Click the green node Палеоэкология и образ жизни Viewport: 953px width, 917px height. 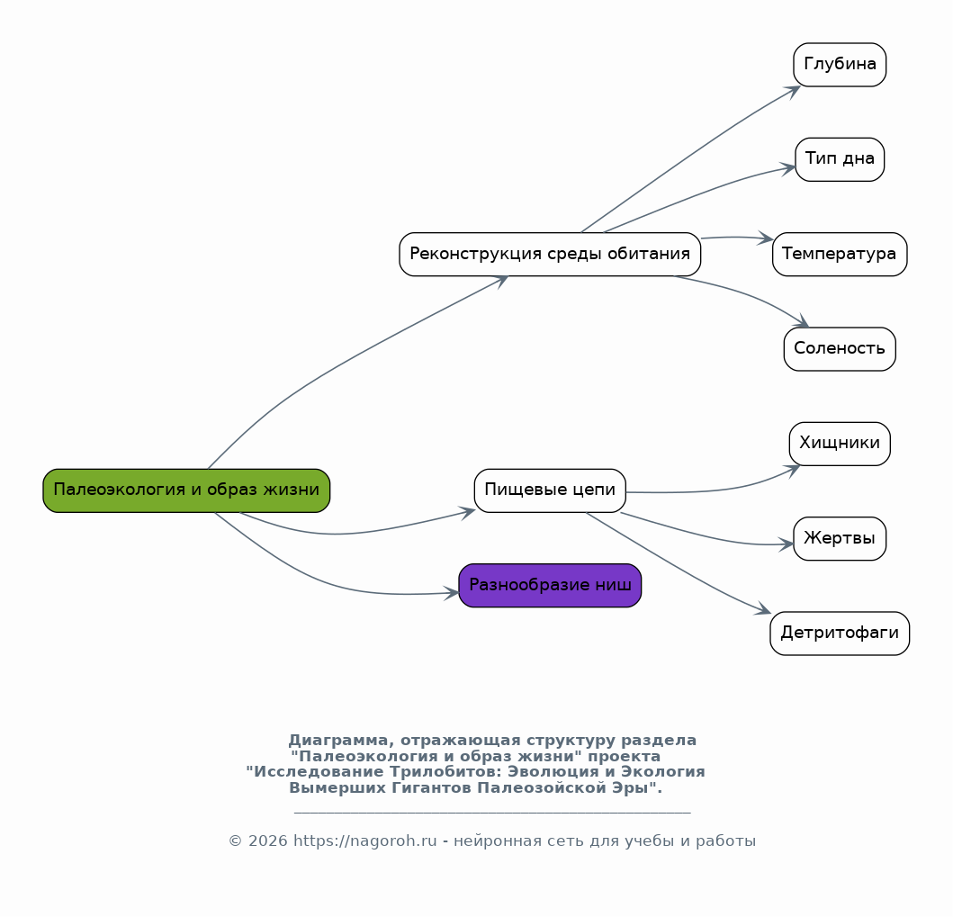click(x=186, y=490)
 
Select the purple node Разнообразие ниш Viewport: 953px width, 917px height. click(x=550, y=585)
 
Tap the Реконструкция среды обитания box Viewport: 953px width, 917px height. click(x=550, y=254)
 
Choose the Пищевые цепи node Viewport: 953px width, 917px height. click(x=550, y=490)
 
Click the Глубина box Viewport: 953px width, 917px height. click(x=840, y=65)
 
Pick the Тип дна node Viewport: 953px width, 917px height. click(x=840, y=159)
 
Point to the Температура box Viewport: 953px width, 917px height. click(x=840, y=254)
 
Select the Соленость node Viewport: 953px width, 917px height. click(x=840, y=349)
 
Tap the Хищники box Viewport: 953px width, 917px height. click(x=840, y=444)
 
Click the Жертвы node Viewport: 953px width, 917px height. click(x=840, y=538)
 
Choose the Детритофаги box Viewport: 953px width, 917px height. click(x=840, y=634)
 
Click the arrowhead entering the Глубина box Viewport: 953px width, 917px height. click(x=793, y=91)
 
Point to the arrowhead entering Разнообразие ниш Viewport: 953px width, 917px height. click(x=452, y=592)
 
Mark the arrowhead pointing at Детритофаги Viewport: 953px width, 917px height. click(x=763, y=609)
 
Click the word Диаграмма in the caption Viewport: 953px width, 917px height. click(x=338, y=740)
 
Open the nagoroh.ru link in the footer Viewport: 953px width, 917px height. click(x=365, y=841)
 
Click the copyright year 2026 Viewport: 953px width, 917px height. click(x=268, y=841)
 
